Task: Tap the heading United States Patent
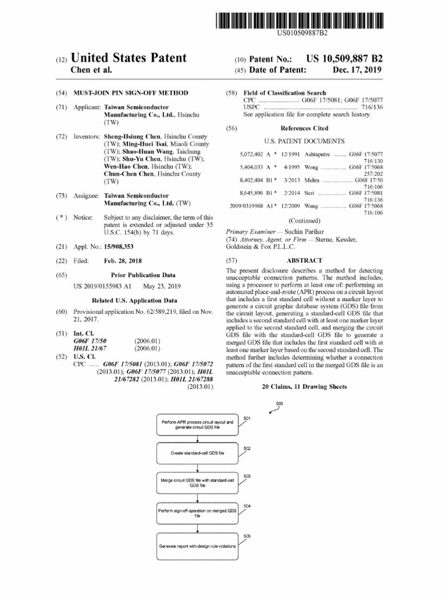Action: point(128,58)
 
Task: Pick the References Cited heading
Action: point(304,128)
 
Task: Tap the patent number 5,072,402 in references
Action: point(250,154)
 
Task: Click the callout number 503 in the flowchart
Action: point(247,476)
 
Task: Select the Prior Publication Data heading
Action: point(143,274)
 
